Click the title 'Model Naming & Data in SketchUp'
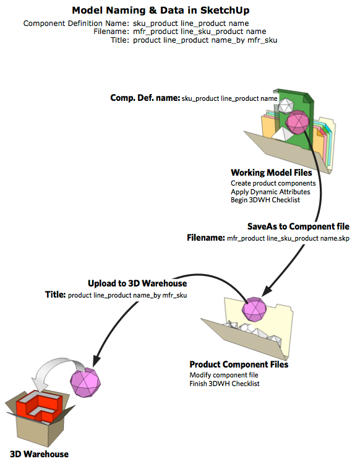pyautogui.click(x=161, y=11)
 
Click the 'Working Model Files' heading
pyautogui.click(x=271, y=173)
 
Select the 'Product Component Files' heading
pyautogui.click(x=239, y=364)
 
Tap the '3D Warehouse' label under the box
pyautogui.click(x=39, y=454)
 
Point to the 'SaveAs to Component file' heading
pyautogui.click(x=298, y=226)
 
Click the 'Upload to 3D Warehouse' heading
pyautogui.click(x=137, y=283)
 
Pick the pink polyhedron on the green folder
pyautogui.click(x=297, y=122)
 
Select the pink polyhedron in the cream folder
pyautogui.click(x=254, y=309)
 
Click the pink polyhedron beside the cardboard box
pyautogui.click(x=85, y=382)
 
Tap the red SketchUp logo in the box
pyautogui.click(x=39, y=407)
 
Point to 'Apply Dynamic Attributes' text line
pyautogui.click(x=270, y=192)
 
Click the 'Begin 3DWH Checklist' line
pyautogui.click(x=265, y=200)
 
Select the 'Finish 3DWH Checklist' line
pyautogui.click(x=225, y=384)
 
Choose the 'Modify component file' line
pyautogui.click(x=224, y=375)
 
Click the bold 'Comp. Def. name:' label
pyautogui.click(x=145, y=98)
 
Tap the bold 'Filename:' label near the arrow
pyautogui.click(x=206, y=238)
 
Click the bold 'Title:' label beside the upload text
pyautogui.click(x=55, y=295)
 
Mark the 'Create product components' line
pyautogui.click(x=273, y=183)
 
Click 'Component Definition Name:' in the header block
pyautogui.click(x=76, y=24)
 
